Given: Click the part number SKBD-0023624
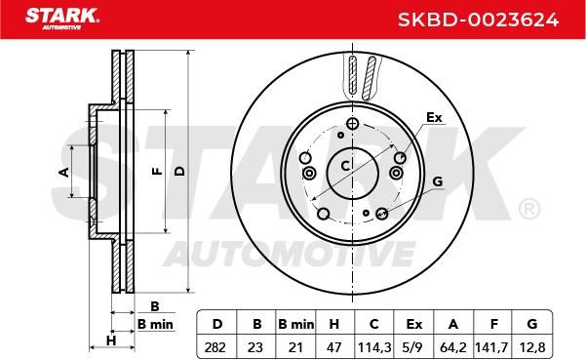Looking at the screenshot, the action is [478, 20].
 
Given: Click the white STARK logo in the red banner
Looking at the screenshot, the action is [62, 19].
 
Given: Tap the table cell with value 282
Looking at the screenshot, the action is [215, 347].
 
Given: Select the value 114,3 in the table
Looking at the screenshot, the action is [374, 347].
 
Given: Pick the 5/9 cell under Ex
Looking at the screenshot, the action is [413, 347].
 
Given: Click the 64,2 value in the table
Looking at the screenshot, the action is [453, 347].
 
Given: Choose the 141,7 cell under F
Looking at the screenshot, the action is [491, 347].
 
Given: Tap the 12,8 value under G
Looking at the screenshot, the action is [532, 347].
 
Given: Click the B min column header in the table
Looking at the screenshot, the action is [296, 324].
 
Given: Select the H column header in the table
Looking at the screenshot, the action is [334, 324].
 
